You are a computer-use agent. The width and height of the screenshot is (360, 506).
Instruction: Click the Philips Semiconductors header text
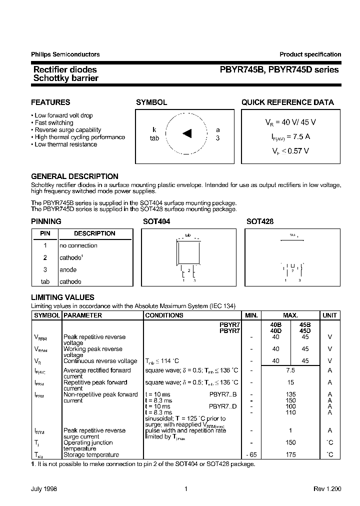click(x=65, y=54)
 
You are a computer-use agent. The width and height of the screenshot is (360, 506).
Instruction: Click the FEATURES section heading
click(x=50, y=102)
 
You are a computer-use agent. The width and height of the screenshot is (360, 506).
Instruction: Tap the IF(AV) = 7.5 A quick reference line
click(x=290, y=136)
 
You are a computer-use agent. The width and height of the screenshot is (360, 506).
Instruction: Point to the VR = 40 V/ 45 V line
click(x=290, y=122)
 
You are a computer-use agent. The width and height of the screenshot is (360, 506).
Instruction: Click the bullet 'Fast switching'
click(x=54, y=122)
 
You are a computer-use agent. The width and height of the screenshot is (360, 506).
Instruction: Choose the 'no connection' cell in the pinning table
click(x=78, y=245)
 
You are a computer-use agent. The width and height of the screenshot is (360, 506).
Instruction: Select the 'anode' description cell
click(x=68, y=269)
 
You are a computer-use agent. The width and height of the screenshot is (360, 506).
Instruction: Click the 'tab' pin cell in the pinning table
click(x=45, y=281)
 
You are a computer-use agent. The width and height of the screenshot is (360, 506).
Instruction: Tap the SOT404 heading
click(x=156, y=221)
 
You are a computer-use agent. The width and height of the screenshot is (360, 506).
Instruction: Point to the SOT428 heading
click(x=260, y=221)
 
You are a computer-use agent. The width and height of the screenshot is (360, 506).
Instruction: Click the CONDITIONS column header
click(x=164, y=315)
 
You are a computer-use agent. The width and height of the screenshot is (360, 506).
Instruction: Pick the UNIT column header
click(x=329, y=315)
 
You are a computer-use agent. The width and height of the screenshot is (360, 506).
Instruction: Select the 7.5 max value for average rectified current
click(x=290, y=370)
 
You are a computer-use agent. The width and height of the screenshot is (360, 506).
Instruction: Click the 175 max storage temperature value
click(x=290, y=454)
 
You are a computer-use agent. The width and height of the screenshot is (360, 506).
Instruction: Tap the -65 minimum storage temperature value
click(x=251, y=454)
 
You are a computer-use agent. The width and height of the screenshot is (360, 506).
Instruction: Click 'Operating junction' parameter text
click(x=88, y=442)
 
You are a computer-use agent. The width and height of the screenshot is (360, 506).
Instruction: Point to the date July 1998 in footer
click(x=44, y=489)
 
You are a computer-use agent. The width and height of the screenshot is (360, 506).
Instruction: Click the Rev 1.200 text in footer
click(x=327, y=489)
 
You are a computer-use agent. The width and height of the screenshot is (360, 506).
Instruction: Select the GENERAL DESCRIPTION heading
click(x=74, y=176)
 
